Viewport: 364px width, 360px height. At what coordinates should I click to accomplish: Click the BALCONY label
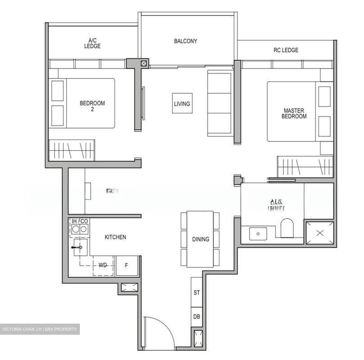[x=185, y=41]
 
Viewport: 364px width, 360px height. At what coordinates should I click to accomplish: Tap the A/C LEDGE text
[x=92, y=43]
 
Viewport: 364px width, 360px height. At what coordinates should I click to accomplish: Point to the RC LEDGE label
[x=286, y=50]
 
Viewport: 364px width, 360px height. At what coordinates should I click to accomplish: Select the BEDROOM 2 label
[x=92, y=106]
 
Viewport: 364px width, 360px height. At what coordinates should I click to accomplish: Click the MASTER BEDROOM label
[x=294, y=113]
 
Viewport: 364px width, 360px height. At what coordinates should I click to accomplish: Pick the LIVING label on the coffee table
[x=182, y=104]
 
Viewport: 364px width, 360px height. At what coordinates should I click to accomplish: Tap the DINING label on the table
[x=200, y=239]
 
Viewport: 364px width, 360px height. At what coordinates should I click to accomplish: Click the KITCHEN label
[x=115, y=237]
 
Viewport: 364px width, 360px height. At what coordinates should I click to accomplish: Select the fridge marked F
[x=127, y=266]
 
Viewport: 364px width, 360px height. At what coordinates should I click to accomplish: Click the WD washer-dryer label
[x=103, y=265]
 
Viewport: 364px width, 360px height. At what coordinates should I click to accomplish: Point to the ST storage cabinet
[x=197, y=292]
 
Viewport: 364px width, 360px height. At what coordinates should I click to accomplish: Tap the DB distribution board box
[x=197, y=317]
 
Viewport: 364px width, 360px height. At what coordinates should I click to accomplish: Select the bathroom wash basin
[x=258, y=234]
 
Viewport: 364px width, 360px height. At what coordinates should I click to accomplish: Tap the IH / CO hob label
[x=80, y=221]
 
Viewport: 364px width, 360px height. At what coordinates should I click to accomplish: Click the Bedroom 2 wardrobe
[x=72, y=150]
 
